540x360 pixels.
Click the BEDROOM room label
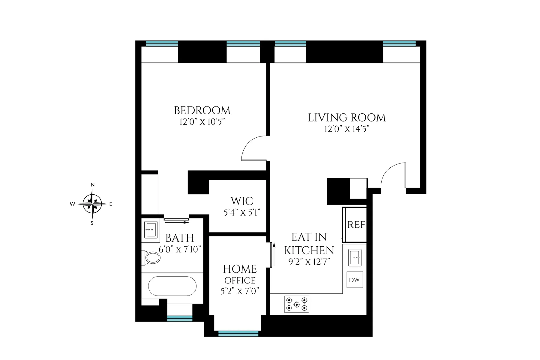[202, 110]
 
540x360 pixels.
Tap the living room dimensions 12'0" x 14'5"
[346, 129]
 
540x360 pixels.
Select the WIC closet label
[242, 201]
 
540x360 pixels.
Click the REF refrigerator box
[356, 224]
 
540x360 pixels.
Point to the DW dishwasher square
[354, 280]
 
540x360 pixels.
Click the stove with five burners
[297, 304]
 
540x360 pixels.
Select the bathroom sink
[151, 230]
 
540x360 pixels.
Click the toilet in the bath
[152, 257]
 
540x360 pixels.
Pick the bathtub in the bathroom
[172, 286]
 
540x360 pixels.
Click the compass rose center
[92, 204]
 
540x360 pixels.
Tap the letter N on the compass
[93, 185]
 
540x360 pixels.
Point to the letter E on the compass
[111, 204]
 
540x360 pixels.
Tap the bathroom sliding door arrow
[176, 222]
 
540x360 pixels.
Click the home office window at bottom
[238, 333]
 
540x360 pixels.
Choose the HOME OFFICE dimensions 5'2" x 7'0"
[240, 291]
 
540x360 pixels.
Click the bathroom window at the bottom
[180, 318]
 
